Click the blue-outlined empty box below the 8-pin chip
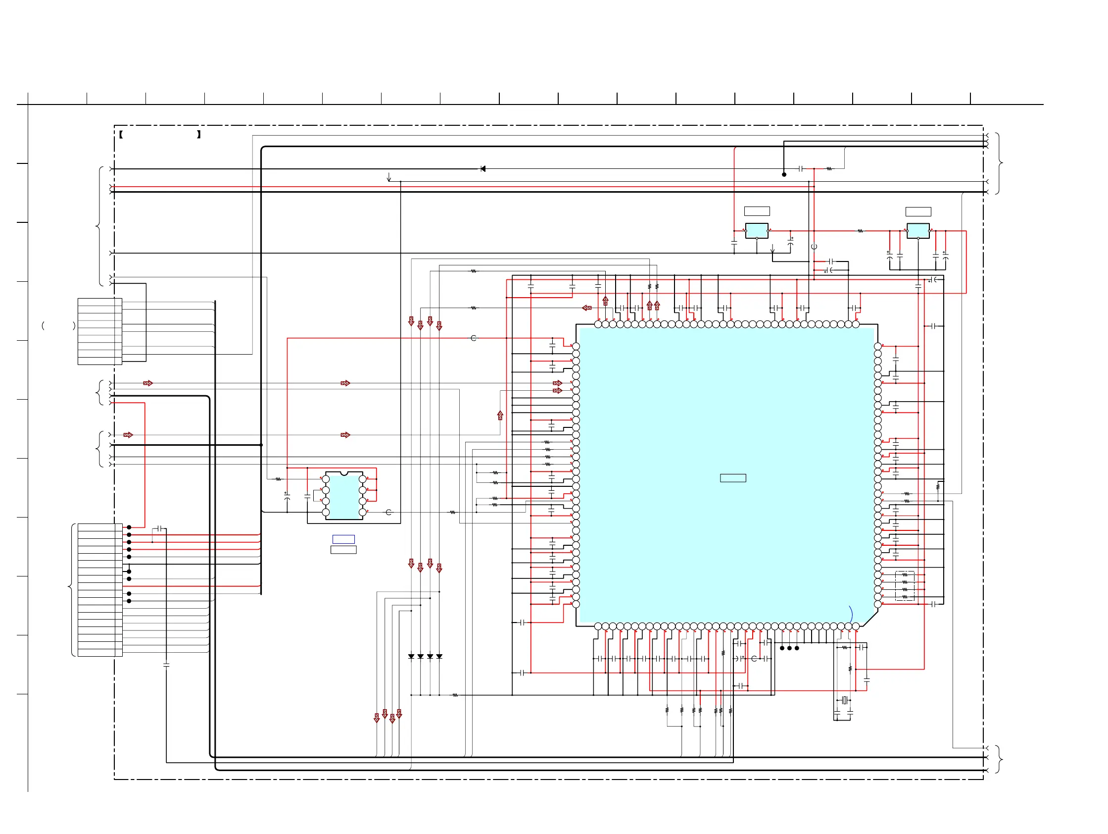343,539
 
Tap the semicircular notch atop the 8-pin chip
343,473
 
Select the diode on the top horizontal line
483,169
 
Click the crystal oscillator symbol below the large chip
844,700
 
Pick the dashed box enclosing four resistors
905,585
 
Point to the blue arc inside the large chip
851,614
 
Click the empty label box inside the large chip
733,478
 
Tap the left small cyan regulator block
756,231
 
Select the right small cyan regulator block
917,231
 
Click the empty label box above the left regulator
757,211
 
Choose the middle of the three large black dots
789,648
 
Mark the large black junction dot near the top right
784,174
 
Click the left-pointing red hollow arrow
587,308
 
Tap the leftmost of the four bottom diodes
411,656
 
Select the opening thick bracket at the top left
121,134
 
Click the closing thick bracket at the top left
199,134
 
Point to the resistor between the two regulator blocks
860,231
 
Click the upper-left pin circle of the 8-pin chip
326,479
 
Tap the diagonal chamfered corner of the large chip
870,619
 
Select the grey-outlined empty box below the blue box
343,550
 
